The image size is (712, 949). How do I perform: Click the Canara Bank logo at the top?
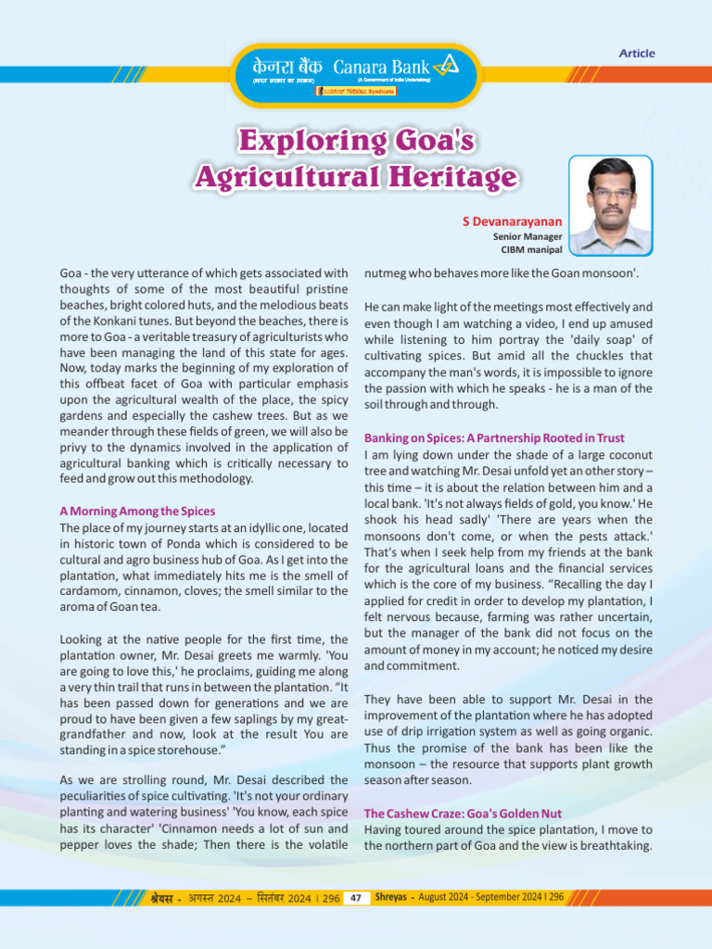(x=356, y=74)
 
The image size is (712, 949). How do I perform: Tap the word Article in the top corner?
(x=637, y=54)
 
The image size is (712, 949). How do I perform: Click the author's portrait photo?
(x=610, y=206)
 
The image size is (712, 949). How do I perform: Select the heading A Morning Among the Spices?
(x=137, y=511)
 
